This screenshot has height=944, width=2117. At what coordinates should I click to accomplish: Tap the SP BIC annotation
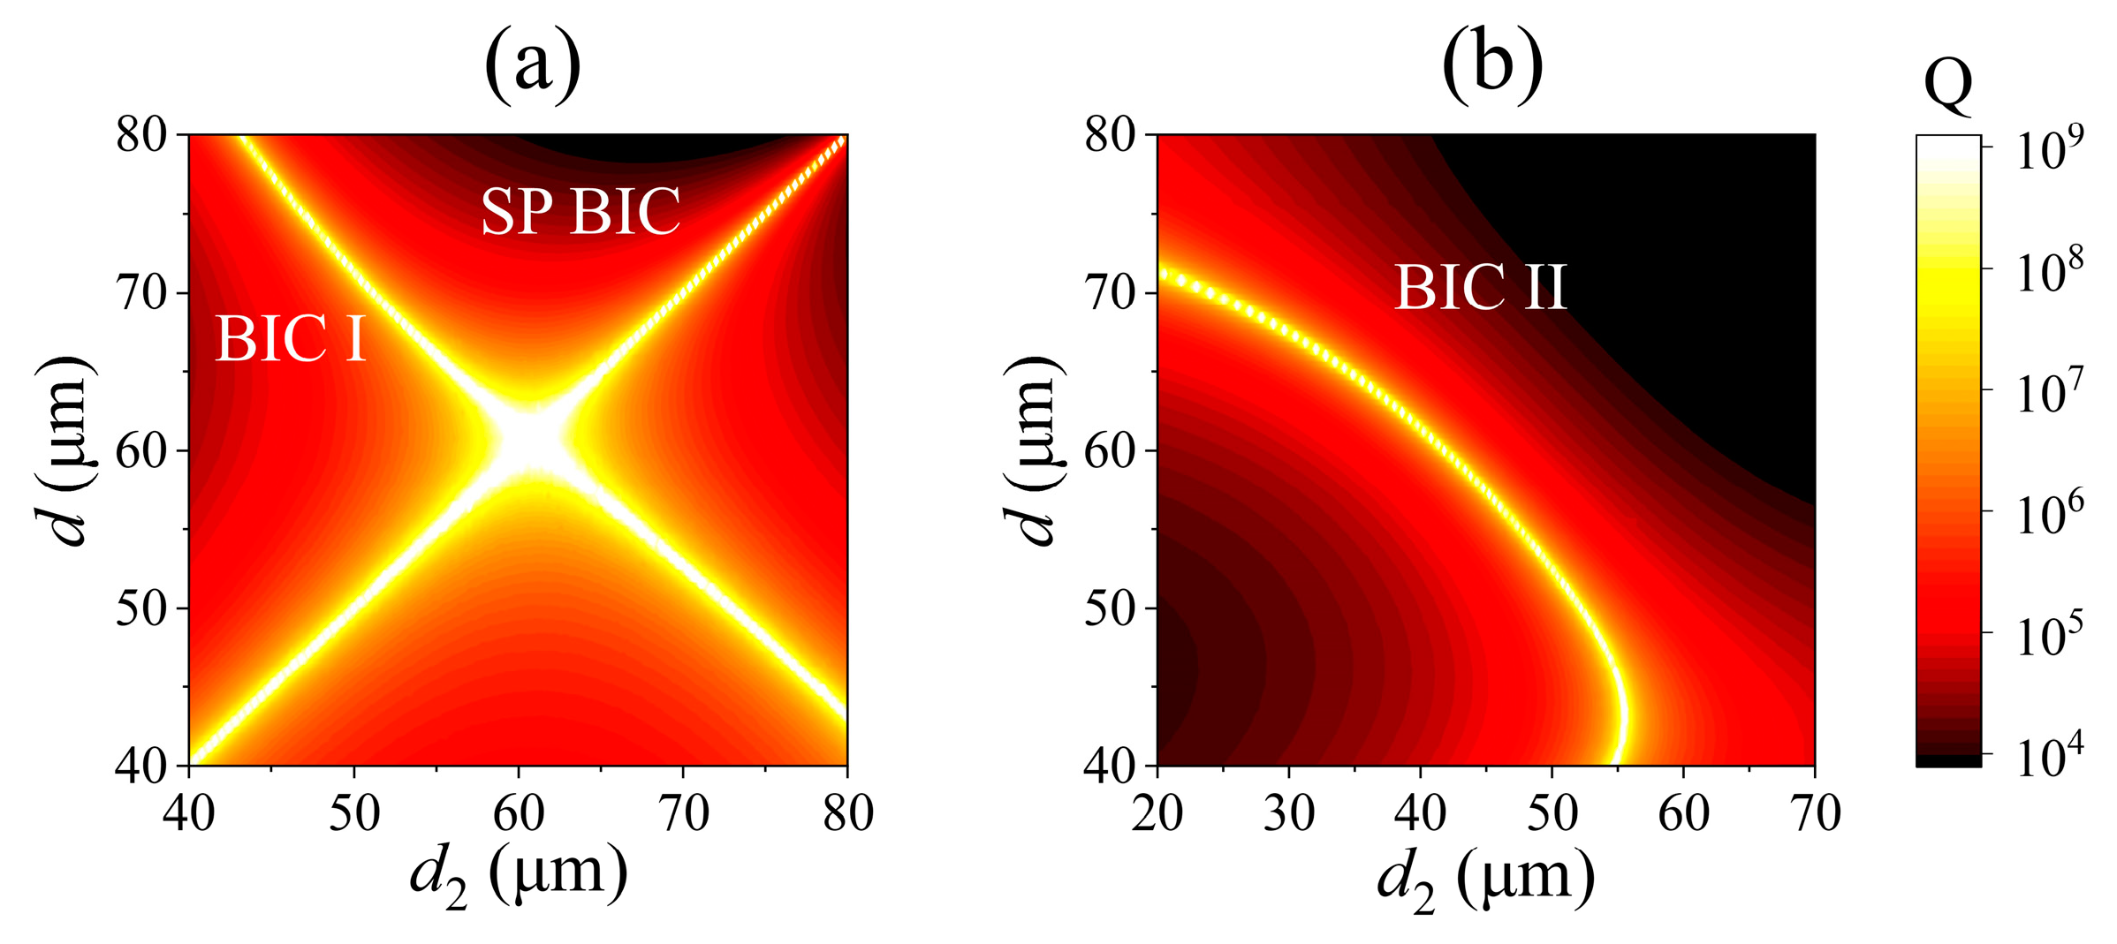580,211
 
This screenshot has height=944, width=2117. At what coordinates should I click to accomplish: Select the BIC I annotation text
291,338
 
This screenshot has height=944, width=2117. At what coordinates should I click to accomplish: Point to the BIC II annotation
1481,287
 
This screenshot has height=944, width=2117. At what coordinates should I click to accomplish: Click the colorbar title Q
1947,85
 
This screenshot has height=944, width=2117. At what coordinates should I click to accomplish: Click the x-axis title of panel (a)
519,874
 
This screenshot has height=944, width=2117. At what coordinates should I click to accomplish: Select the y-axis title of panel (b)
1033,451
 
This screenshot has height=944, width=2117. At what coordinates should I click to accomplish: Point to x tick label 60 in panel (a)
519,813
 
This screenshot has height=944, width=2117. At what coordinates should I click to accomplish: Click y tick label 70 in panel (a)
141,293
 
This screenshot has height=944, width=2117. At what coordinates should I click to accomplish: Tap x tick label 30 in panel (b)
1288,813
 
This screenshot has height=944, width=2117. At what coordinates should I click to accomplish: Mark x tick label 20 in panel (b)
1157,813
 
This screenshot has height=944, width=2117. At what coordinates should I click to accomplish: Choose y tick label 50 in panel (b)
1110,608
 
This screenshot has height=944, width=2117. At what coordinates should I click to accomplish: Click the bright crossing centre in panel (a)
530,439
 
